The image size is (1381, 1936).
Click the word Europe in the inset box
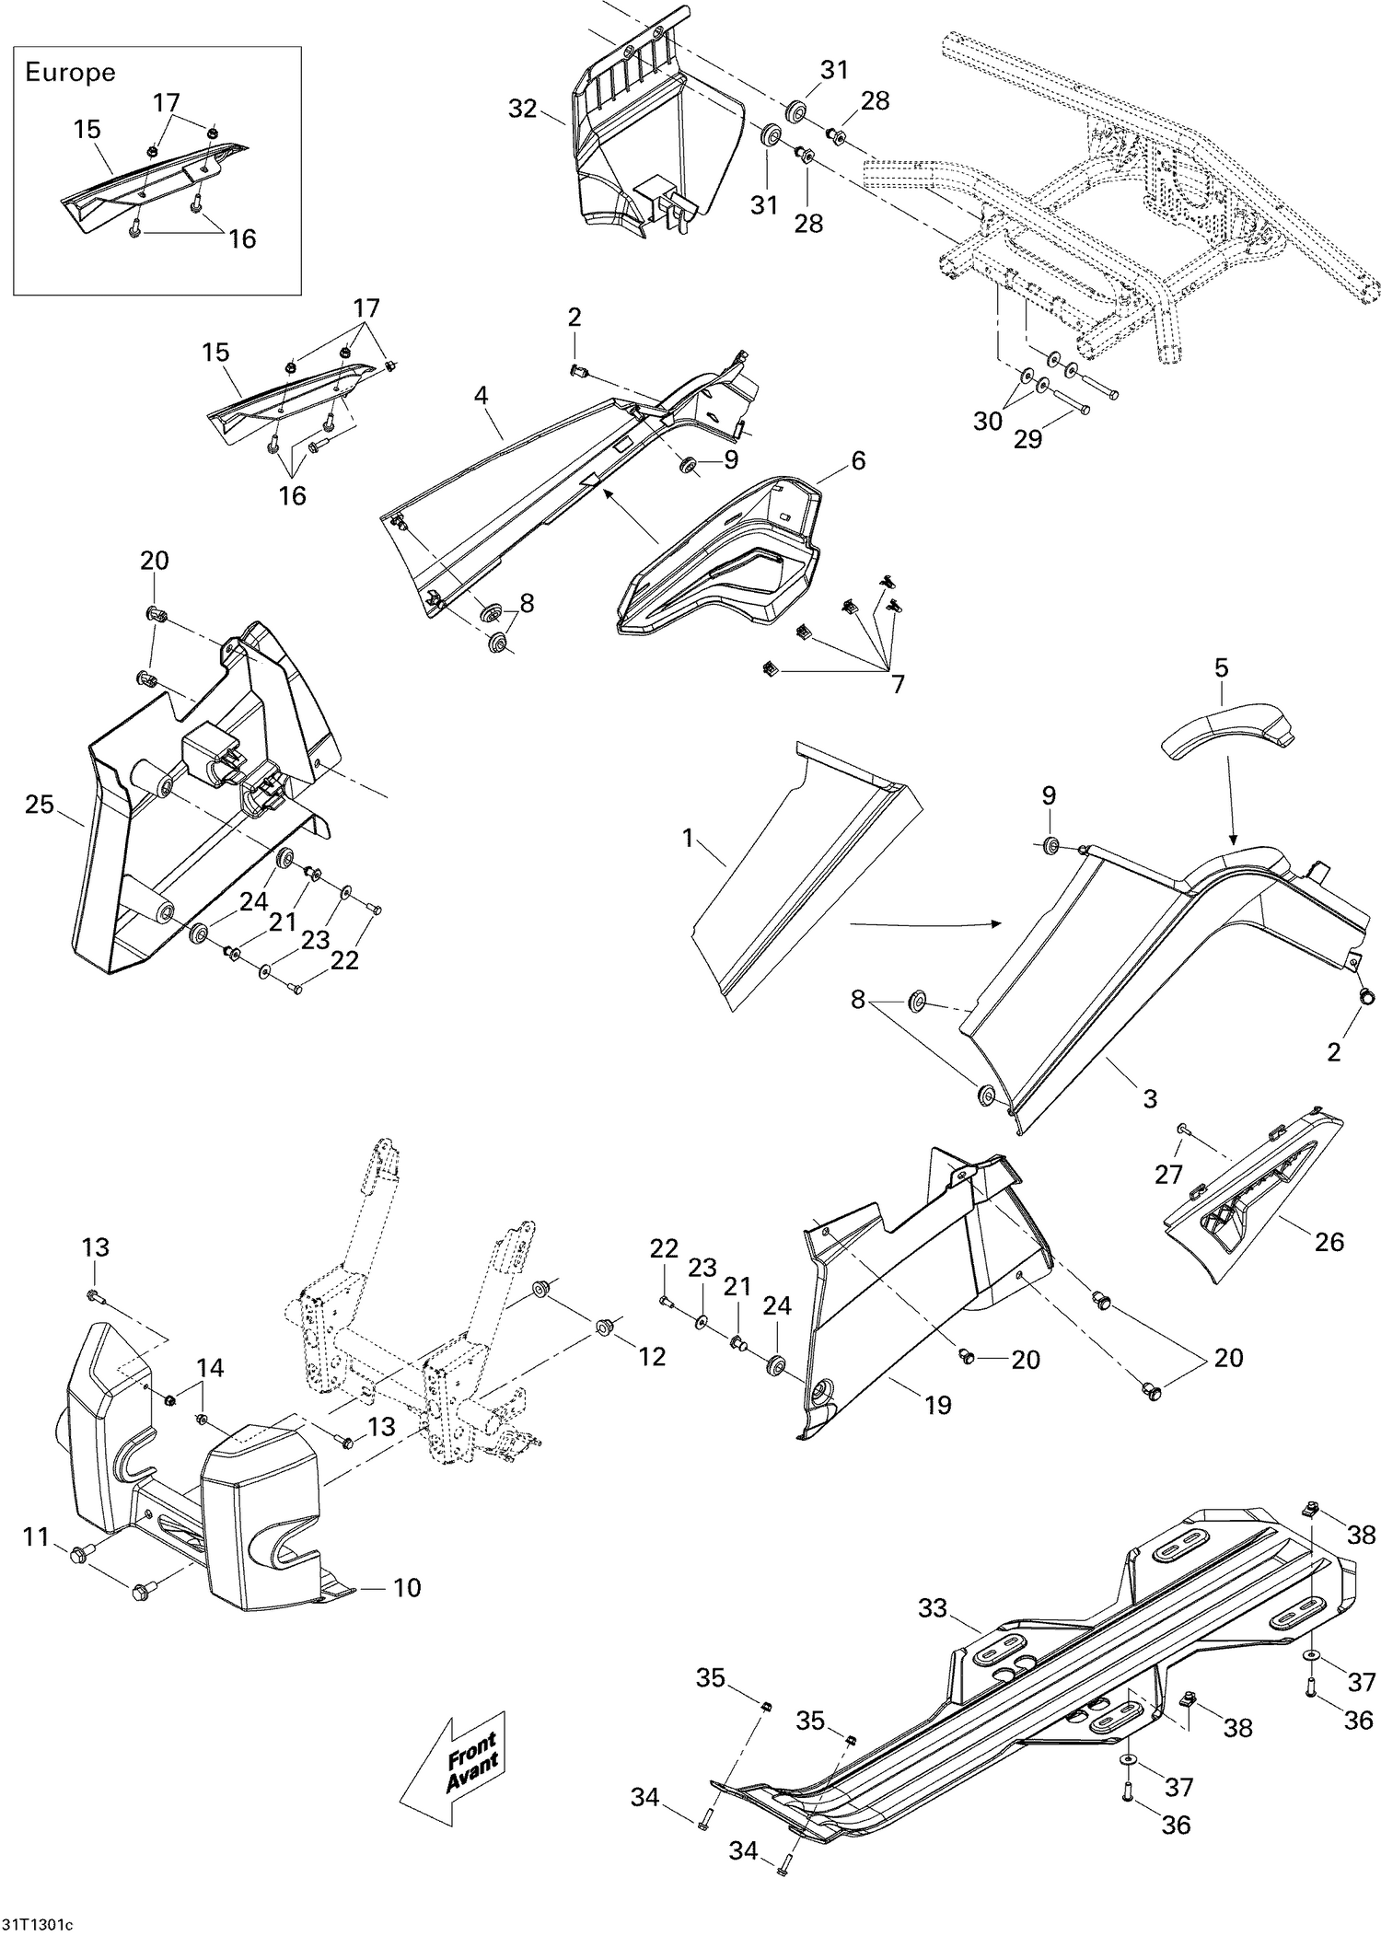(70, 73)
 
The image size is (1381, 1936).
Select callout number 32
(522, 109)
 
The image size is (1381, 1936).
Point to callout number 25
(40, 805)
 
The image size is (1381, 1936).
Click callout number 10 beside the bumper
(407, 1587)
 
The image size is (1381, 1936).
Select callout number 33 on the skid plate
(933, 1608)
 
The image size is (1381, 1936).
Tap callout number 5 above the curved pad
(1221, 667)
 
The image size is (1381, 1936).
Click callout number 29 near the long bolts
(1027, 439)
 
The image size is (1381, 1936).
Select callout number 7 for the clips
(897, 684)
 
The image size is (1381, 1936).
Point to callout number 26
(1329, 1242)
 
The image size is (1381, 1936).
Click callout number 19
(937, 1405)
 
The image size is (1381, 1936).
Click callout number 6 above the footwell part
(858, 460)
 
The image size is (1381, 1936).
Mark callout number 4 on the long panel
(481, 395)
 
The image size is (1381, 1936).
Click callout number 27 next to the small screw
(1168, 1175)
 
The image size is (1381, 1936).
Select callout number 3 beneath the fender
(1150, 1098)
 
